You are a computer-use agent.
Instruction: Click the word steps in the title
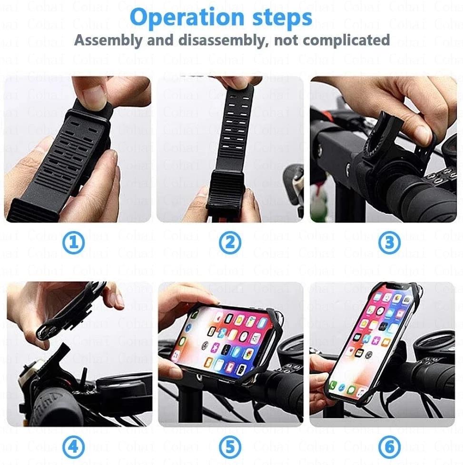(x=281, y=18)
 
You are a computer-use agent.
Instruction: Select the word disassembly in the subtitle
(x=223, y=40)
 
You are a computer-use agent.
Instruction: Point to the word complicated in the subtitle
(x=346, y=40)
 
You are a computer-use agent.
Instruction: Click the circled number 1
(x=73, y=243)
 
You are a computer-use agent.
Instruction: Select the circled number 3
(x=389, y=243)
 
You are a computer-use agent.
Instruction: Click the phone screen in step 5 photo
(x=221, y=343)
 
